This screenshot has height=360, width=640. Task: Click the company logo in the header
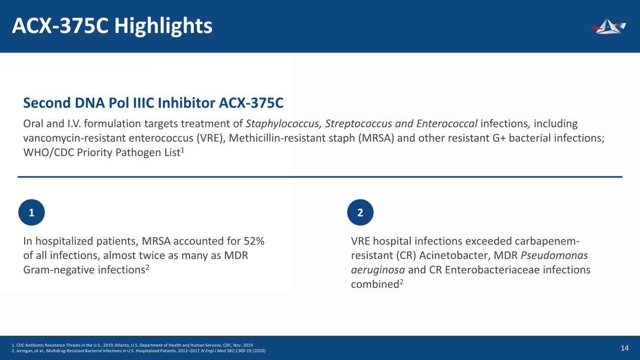608,27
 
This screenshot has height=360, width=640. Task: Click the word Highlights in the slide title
163,26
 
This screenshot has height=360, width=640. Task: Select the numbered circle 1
32,213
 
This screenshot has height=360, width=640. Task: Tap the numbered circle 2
360,213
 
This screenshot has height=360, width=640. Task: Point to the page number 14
625,348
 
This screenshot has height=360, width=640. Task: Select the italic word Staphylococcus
277,123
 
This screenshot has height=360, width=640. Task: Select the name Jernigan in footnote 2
23,351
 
